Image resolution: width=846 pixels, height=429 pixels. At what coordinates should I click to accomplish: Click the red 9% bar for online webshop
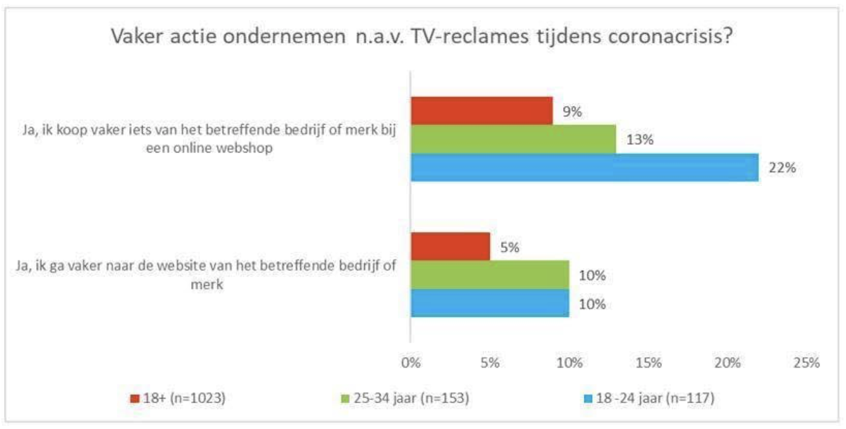click(482, 111)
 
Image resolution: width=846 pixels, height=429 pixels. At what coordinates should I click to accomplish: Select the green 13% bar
click(513, 139)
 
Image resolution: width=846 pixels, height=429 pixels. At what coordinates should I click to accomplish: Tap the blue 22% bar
click(584, 167)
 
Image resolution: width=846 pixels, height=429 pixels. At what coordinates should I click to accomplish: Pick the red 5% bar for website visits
click(451, 246)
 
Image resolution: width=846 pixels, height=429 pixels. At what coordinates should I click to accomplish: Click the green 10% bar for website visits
click(490, 275)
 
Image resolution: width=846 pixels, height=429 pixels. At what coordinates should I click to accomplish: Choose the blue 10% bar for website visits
click(490, 303)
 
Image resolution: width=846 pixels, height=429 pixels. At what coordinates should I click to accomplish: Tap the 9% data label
click(572, 112)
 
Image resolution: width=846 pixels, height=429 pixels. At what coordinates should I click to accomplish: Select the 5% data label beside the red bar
click(509, 247)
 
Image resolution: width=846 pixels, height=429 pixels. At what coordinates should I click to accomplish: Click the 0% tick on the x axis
click(411, 363)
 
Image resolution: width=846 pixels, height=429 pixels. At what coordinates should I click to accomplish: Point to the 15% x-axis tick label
click(648, 363)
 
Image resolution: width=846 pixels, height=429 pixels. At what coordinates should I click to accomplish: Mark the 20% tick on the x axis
click(728, 363)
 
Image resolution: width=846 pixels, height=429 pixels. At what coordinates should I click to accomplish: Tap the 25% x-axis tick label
click(807, 363)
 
